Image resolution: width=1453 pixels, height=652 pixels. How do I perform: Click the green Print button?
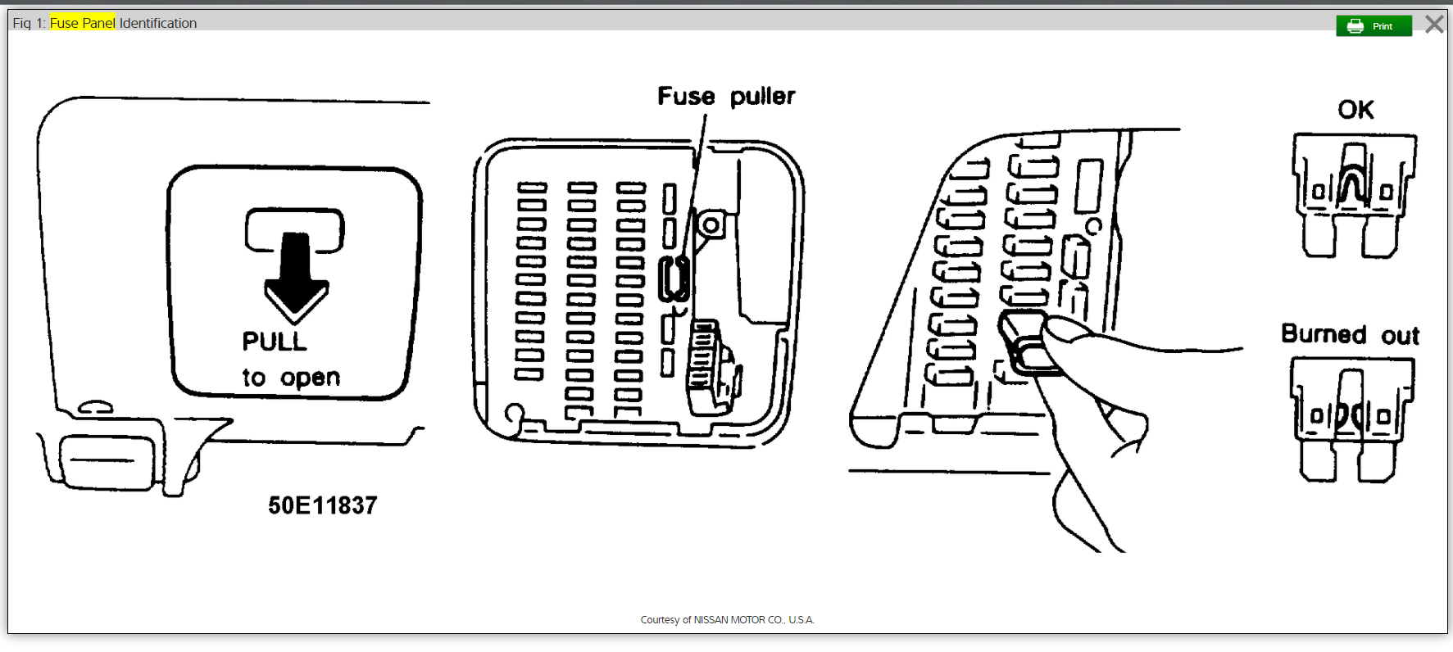pos(1374,26)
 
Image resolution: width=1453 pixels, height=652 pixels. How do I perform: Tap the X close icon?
pos(1434,25)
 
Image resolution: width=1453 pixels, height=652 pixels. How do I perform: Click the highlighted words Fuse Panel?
pos(83,23)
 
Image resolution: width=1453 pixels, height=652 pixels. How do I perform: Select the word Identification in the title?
pos(158,23)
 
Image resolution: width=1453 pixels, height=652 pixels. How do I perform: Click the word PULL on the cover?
pos(275,342)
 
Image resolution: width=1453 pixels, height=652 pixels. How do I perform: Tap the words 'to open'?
pos(291,378)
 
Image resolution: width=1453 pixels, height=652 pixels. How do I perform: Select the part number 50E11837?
pos(323,505)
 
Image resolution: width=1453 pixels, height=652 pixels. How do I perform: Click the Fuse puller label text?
pos(726,97)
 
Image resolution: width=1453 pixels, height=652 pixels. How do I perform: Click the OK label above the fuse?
pos(1355,110)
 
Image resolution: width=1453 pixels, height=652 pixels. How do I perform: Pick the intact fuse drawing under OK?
pos(1354,195)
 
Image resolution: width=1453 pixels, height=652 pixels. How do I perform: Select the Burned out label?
pos(1350,335)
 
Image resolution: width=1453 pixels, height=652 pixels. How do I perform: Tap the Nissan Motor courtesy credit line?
pos(727,620)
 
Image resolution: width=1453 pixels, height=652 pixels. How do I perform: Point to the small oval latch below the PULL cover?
pos(96,407)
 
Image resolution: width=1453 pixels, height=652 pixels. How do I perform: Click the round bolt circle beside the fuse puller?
pos(711,224)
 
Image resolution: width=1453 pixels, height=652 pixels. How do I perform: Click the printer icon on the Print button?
pos(1355,26)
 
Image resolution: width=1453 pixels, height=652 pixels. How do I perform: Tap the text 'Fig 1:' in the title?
pos(29,23)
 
